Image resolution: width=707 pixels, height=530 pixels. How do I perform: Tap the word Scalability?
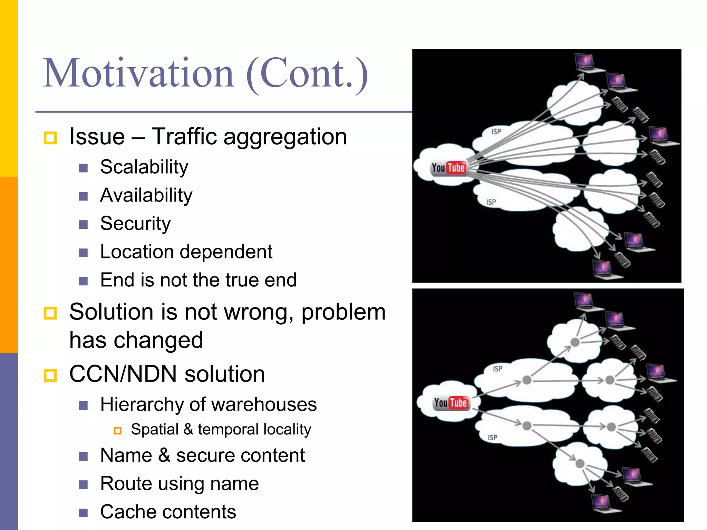[144, 167]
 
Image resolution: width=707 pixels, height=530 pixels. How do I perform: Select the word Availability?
[146, 196]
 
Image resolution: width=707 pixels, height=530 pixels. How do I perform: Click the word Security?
[135, 224]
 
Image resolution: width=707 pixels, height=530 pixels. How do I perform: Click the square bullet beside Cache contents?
[83, 513]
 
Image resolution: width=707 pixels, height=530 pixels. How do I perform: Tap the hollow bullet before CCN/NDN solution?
[50, 375]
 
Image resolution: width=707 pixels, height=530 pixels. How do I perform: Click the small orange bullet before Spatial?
[118, 431]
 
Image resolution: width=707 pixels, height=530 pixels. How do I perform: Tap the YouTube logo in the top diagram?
[448, 168]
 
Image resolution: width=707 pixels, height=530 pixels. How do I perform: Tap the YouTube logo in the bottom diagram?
[451, 403]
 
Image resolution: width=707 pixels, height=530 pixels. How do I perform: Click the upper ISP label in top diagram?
[496, 131]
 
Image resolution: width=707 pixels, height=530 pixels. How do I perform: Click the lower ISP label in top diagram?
[491, 202]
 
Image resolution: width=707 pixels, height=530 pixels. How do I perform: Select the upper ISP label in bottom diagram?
[497, 369]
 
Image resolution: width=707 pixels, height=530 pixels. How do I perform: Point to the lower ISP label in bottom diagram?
[492, 438]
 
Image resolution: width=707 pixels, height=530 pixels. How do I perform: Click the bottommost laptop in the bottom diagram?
[602, 503]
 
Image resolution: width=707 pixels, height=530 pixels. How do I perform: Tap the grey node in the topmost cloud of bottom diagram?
[575, 342]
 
